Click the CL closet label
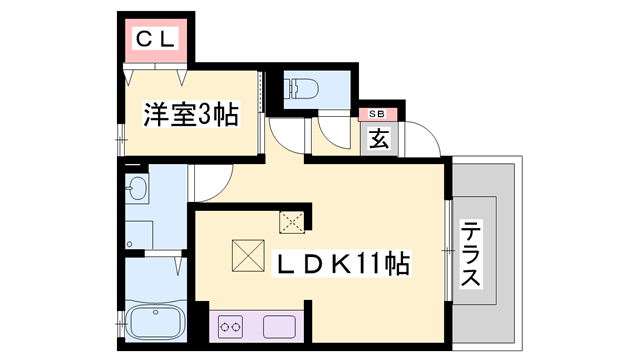point(156,39)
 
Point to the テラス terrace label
point(470,254)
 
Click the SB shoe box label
point(380,115)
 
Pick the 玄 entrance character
point(380,139)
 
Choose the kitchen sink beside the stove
point(278,326)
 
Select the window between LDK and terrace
point(446,251)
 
